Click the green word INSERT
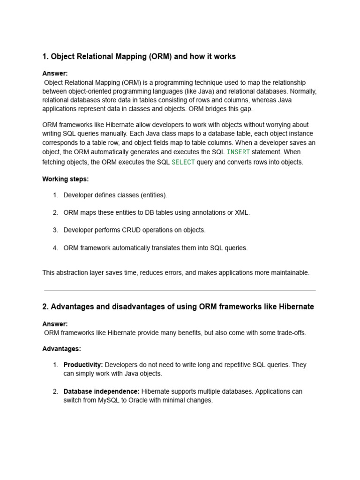[238, 152]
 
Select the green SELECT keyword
[183, 162]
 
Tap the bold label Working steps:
[65, 179]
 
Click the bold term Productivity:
[83, 365]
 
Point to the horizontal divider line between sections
[180, 291]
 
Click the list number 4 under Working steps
[55, 248]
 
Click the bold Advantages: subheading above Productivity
[61, 349]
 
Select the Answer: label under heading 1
[55, 73]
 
